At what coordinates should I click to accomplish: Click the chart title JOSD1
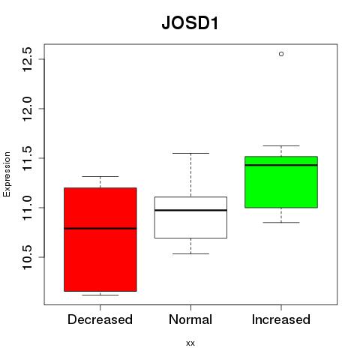tap(190, 23)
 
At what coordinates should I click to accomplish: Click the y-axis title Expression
tap(7, 174)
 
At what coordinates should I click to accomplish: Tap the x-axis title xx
tap(190, 343)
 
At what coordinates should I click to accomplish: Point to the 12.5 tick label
tap(27, 59)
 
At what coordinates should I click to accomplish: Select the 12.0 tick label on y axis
tap(27, 109)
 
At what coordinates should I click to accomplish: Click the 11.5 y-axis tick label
tap(27, 158)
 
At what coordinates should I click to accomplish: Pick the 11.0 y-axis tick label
tap(27, 208)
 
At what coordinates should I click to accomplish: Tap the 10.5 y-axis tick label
tap(27, 257)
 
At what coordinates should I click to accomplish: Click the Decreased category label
tap(100, 319)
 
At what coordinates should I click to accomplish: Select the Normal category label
tap(190, 319)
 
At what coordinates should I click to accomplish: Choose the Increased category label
tap(281, 319)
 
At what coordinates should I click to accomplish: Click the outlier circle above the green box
tap(281, 54)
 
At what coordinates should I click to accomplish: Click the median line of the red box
tap(100, 228)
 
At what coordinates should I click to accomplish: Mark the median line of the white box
tap(190, 210)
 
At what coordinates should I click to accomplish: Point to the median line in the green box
tap(281, 165)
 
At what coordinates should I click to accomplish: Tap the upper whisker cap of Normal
tap(190, 153)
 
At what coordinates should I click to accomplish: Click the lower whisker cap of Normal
tap(190, 254)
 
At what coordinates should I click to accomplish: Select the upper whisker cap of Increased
tap(281, 145)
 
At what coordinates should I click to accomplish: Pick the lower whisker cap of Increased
tap(281, 223)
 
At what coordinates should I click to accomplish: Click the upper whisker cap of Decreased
tap(100, 176)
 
